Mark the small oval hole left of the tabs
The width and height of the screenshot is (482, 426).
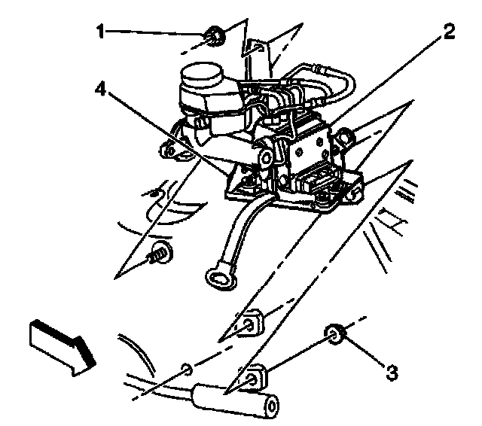pyautogui.click(x=188, y=369)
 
